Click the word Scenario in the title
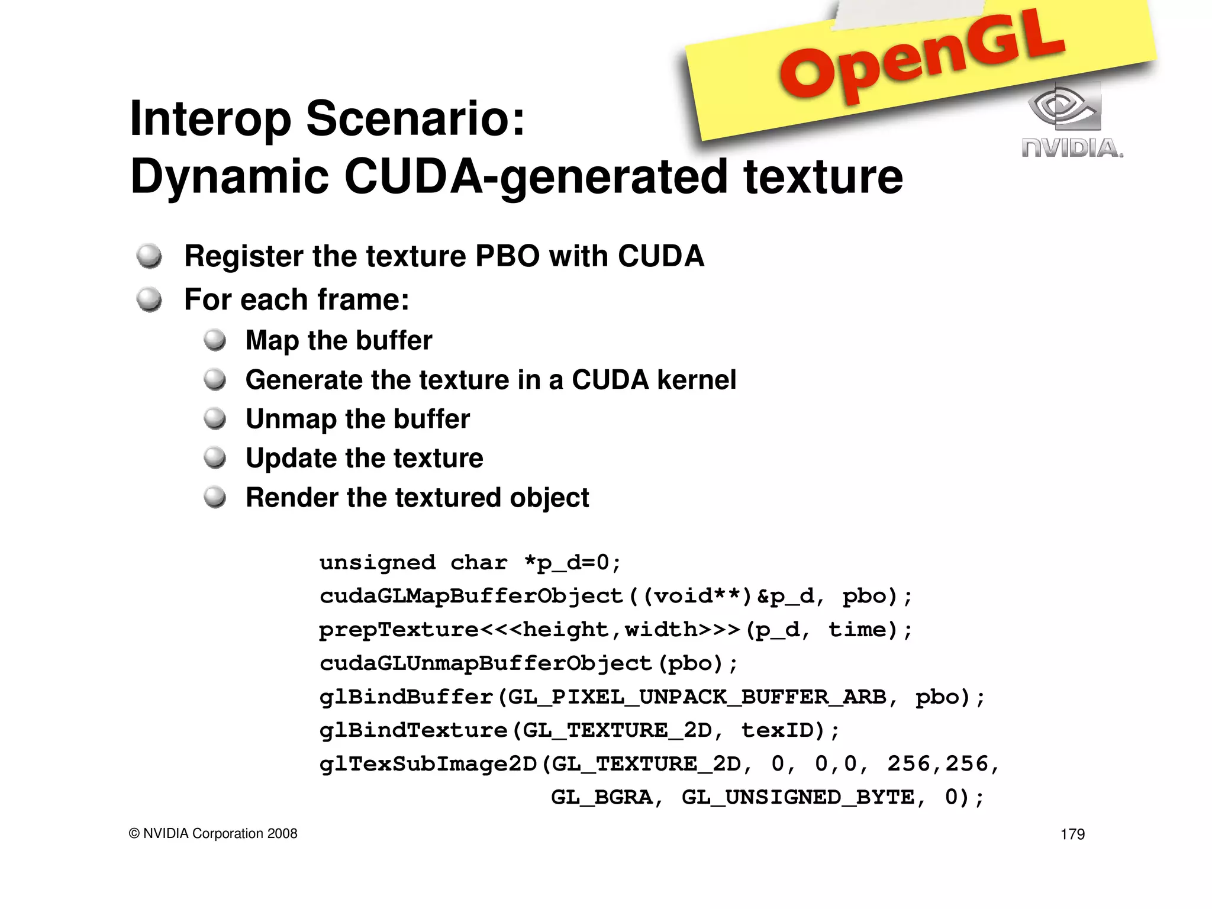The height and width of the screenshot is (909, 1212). (415, 118)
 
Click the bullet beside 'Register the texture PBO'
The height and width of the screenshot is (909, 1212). (149, 256)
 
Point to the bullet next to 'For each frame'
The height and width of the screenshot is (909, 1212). (149, 299)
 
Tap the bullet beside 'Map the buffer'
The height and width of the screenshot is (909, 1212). (215, 340)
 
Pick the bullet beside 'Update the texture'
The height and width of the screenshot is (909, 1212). (215, 458)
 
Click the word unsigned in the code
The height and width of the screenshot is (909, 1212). (377, 562)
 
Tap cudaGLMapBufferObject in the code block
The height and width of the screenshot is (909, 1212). (471, 596)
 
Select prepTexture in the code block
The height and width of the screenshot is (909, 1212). (398, 630)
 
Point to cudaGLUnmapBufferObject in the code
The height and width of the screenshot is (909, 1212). (485, 663)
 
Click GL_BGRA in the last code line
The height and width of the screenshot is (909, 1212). (601, 798)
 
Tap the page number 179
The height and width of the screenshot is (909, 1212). (1072, 834)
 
